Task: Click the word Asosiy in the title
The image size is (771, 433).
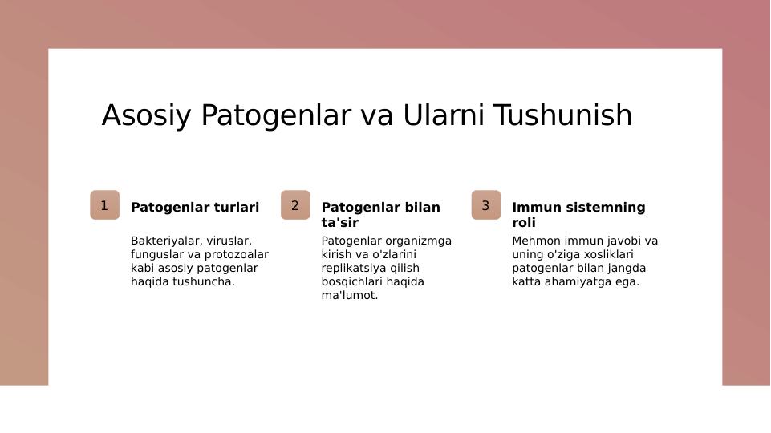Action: (x=147, y=115)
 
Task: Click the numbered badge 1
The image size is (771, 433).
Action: (x=104, y=205)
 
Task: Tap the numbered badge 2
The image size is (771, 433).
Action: (x=295, y=205)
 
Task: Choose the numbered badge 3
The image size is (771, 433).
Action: (x=485, y=205)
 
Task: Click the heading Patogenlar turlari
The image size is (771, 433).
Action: (x=195, y=208)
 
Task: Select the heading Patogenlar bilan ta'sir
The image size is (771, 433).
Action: (x=380, y=215)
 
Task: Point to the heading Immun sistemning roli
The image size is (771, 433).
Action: (x=578, y=215)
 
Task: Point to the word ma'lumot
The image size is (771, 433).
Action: (x=349, y=295)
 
